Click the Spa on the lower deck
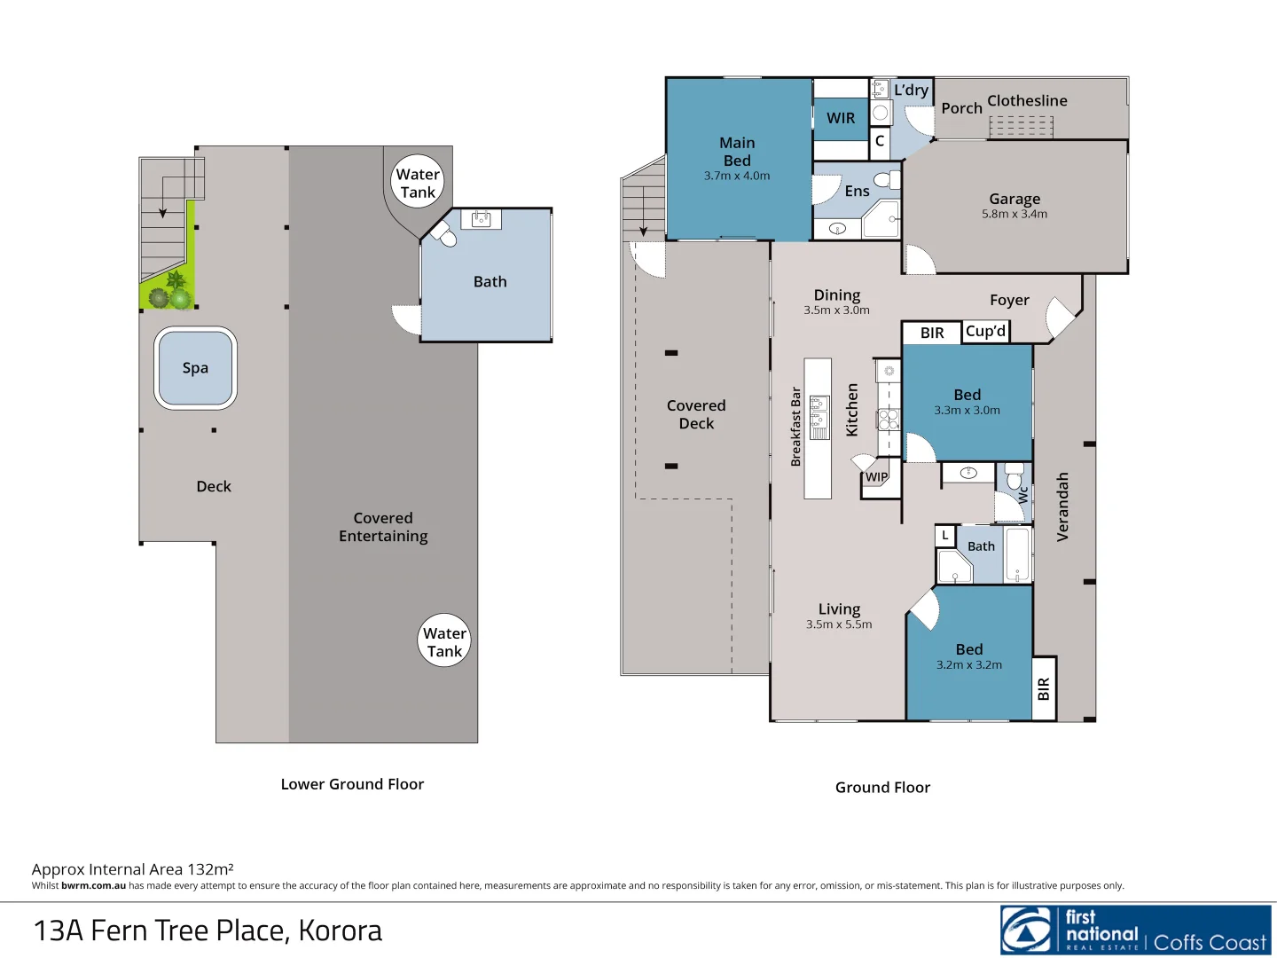click(195, 368)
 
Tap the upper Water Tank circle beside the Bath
click(418, 183)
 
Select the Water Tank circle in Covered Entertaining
click(444, 641)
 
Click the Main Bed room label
click(737, 152)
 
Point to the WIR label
click(841, 118)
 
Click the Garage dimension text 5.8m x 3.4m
click(1014, 215)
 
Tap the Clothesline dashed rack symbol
click(1021, 128)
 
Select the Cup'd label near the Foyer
click(985, 331)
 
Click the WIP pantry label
click(876, 477)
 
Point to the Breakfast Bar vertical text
click(795, 427)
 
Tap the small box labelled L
click(945, 536)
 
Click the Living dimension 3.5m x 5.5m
click(839, 624)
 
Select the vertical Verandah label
click(1062, 506)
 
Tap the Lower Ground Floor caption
click(352, 784)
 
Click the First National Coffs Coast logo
click(1135, 930)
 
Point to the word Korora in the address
click(341, 931)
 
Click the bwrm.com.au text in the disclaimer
click(93, 885)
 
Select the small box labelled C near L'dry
click(880, 141)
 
